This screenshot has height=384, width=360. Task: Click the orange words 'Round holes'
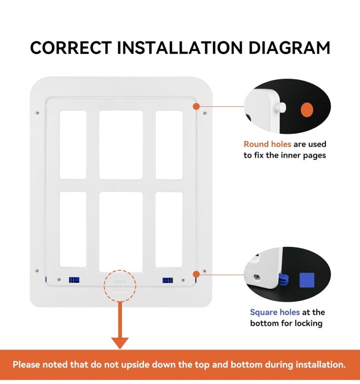click(x=267, y=144)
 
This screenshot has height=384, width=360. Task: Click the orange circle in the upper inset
click(x=307, y=110)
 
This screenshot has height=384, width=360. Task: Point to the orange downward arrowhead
click(x=119, y=342)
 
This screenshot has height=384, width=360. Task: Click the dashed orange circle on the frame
click(x=119, y=286)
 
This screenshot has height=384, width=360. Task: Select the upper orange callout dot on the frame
click(x=196, y=106)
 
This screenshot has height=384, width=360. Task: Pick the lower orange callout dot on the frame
click(x=196, y=274)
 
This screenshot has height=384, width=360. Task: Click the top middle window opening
click(x=121, y=145)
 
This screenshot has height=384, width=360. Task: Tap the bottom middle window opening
click(x=121, y=231)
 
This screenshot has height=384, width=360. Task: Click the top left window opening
click(x=73, y=145)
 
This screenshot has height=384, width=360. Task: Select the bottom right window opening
click(x=169, y=229)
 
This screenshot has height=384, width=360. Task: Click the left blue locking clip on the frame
click(x=74, y=280)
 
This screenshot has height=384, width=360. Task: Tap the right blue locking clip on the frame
click(x=168, y=281)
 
